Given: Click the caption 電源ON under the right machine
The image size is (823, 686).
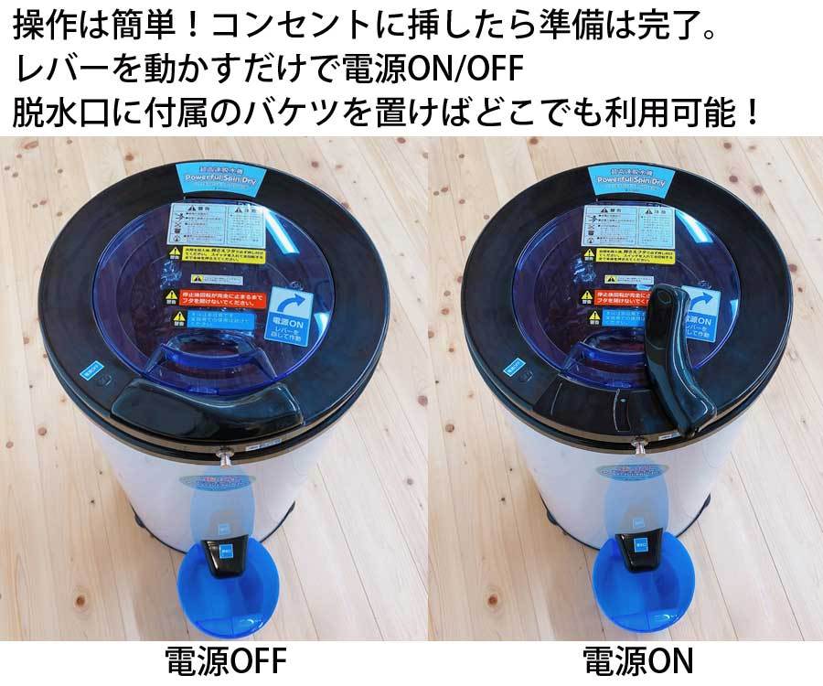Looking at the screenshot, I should [637, 660].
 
